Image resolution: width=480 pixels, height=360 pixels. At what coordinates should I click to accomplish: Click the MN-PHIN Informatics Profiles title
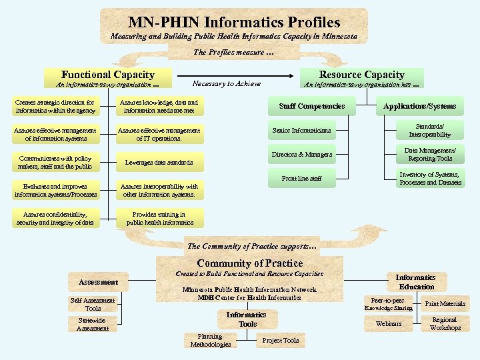tap(233, 23)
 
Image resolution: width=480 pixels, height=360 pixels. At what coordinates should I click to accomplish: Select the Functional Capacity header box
tap(107, 75)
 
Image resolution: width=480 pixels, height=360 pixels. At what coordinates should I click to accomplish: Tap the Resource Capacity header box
tap(361, 75)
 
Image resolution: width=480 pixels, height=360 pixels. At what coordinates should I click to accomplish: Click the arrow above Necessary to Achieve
tap(225, 75)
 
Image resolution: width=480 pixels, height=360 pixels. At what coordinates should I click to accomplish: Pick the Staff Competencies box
tap(311, 106)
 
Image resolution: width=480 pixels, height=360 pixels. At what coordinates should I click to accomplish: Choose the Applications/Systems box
tap(419, 106)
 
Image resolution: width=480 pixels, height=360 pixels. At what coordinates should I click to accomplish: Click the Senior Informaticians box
tap(301, 130)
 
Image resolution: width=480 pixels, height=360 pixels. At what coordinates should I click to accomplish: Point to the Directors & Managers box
tap(301, 155)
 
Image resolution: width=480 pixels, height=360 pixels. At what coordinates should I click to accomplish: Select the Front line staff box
tap(301, 179)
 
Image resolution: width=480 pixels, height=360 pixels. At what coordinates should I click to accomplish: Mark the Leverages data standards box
tap(159, 163)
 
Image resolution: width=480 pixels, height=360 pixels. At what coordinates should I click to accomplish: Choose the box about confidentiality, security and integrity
tap(55, 219)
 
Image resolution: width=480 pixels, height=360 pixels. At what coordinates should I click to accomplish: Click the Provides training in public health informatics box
tap(159, 219)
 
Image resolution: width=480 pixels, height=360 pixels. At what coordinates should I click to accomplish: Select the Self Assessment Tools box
tap(93, 305)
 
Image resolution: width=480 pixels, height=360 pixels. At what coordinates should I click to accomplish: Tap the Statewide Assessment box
tap(93, 325)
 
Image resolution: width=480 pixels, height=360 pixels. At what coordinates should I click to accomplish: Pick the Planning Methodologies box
tap(210, 341)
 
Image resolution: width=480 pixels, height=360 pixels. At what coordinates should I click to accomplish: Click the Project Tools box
tap(281, 341)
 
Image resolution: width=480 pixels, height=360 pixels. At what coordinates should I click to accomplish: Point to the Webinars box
tap(389, 324)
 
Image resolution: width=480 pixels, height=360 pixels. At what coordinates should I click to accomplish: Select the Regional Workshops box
tap(445, 324)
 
